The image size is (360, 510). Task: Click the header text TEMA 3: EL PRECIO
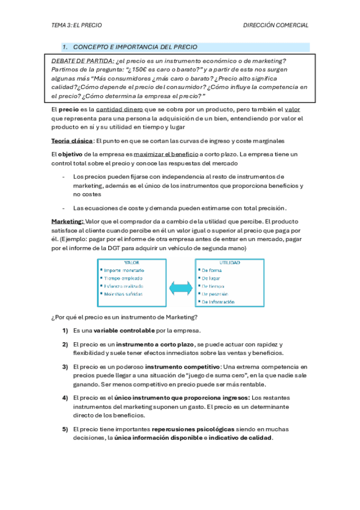pyautogui.click(x=76, y=25)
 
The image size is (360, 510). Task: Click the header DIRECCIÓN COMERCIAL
pyautogui.click(x=276, y=25)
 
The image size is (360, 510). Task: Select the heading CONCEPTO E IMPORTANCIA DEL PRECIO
pyautogui.click(x=135, y=47)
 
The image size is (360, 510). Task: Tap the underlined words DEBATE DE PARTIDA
pyautogui.click(x=83, y=61)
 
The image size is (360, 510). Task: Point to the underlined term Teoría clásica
pyautogui.click(x=72, y=141)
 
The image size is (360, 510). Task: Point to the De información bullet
pyautogui.click(x=219, y=301)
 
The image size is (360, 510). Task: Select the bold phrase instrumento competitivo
pyautogui.click(x=183, y=366)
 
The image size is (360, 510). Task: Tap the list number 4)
pyautogui.click(x=64, y=398)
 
